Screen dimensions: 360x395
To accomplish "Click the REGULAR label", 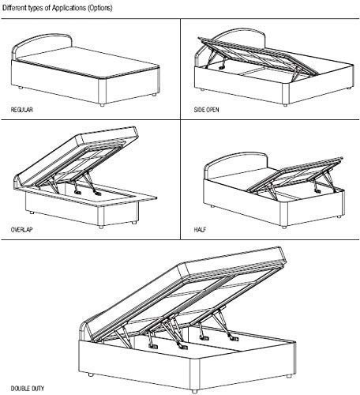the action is tap(22, 110).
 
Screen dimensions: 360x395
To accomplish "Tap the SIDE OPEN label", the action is tap(206, 110).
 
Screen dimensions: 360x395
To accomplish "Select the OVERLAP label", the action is tap(22, 230).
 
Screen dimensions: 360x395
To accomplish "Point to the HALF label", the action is tap(200, 230).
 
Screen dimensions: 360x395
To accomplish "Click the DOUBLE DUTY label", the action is tap(28, 389).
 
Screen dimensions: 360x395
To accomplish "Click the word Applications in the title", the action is tap(69, 8).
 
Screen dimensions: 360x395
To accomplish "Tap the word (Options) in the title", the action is tap(100, 8).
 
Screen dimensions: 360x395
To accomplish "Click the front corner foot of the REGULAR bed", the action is tap(102, 105).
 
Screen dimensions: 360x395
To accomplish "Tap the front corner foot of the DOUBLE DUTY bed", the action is tap(194, 391).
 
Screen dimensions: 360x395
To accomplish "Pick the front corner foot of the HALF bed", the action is tap(283, 227).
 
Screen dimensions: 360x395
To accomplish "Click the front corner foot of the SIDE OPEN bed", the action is tap(285, 105).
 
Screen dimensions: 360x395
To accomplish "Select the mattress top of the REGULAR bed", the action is tap(89, 62).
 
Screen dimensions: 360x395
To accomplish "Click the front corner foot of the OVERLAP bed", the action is tap(100, 227).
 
